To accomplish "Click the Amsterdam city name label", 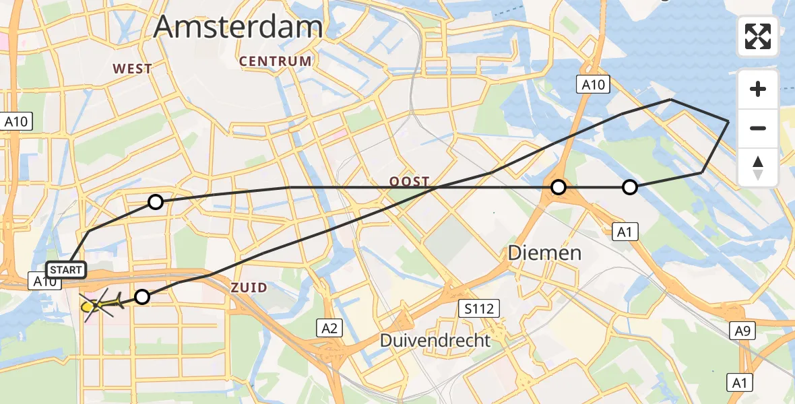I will (x=238, y=27).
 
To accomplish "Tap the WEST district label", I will (x=133, y=69).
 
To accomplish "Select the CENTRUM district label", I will (x=276, y=61).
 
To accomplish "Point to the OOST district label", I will (x=409, y=182).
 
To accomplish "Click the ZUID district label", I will (x=249, y=288).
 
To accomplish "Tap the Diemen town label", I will (x=544, y=253).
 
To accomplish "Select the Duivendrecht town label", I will (x=435, y=340).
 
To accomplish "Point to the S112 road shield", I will (x=479, y=309).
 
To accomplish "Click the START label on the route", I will (x=67, y=270).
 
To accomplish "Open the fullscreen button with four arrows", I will (x=758, y=36).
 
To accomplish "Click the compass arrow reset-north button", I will (x=758, y=167).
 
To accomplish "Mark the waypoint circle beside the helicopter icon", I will (x=142, y=296).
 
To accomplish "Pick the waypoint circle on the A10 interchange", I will (x=558, y=187).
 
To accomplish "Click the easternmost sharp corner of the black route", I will (x=728, y=121).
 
